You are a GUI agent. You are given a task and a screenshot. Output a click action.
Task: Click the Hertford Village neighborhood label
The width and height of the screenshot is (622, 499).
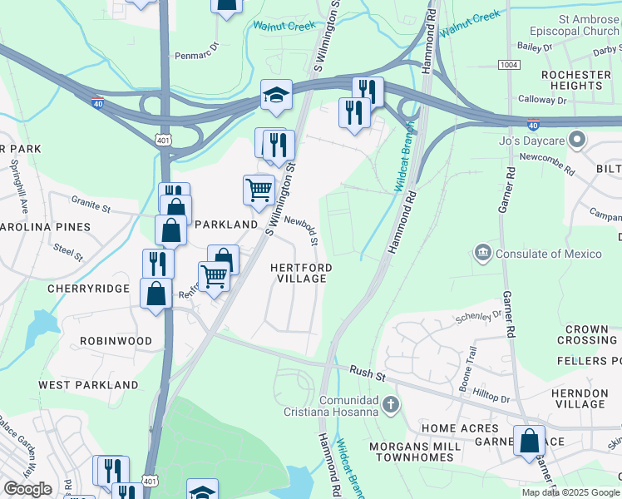[x=301, y=273]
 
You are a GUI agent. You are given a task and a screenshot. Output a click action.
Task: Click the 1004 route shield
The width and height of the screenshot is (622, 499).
[x=509, y=65]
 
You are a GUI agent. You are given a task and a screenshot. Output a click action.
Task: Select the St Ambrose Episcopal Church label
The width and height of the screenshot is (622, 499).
[x=566, y=25]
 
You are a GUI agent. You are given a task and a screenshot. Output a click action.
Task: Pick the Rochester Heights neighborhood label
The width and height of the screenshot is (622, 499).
[x=575, y=80]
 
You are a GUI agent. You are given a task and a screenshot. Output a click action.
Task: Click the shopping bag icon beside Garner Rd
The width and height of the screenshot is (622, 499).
[x=529, y=441]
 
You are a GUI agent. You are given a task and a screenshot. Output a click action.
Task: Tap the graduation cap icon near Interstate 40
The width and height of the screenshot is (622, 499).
[x=276, y=96]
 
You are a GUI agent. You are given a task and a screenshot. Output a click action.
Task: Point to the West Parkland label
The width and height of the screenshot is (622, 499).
[x=88, y=385]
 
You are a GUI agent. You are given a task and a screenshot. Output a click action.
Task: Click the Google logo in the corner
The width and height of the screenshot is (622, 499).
[x=27, y=489]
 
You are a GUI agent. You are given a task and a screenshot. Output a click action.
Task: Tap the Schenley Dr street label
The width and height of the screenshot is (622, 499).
[x=480, y=316]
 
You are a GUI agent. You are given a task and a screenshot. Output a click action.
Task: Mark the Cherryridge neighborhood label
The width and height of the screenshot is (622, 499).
[x=88, y=289]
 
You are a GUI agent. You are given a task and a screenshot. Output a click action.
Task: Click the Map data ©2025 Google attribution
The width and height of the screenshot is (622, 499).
[x=570, y=492]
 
